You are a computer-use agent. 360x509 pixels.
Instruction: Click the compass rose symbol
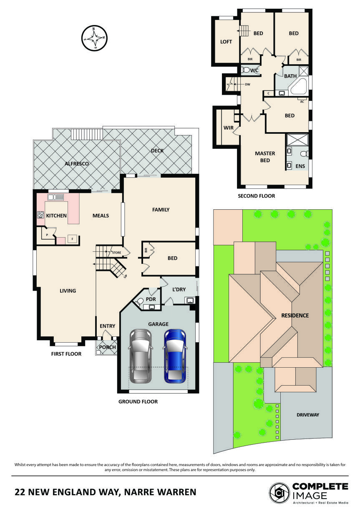point(96,38)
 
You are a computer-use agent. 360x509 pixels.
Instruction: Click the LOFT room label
point(226,42)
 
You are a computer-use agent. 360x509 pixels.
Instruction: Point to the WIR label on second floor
point(228,127)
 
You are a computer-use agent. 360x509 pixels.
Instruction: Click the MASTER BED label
point(262,157)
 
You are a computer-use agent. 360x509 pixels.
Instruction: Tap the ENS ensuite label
point(300,166)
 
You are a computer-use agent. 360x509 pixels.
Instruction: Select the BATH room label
point(290,76)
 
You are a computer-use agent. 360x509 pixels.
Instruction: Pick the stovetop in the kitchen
point(41,215)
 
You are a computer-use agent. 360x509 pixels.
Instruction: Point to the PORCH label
point(106,347)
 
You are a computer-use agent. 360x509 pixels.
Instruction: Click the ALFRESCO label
point(77,164)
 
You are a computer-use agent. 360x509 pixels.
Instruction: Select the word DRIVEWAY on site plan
point(307,415)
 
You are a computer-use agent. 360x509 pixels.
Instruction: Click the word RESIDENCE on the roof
point(295,316)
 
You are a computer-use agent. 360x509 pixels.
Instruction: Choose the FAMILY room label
point(161,210)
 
